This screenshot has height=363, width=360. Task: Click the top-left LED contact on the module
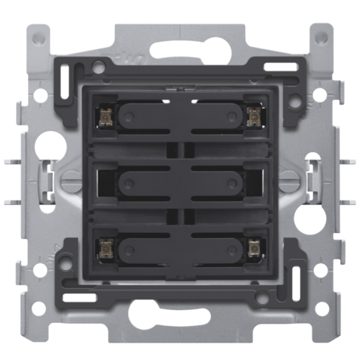pyautogui.click(x=104, y=114)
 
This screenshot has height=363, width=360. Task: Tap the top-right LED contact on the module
pyautogui.click(x=253, y=114)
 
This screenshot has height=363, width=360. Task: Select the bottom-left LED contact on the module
pyautogui.click(x=104, y=247)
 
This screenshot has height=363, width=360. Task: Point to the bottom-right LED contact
pyautogui.click(x=253, y=247)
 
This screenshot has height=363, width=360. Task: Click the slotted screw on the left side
pyautogui.click(x=70, y=181)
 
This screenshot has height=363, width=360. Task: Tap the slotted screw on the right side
pyautogui.click(x=288, y=181)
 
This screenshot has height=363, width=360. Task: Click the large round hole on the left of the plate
pyautogui.click(x=50, y=141)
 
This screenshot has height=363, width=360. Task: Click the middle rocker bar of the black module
pyautogui.click(x=178, y=181)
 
